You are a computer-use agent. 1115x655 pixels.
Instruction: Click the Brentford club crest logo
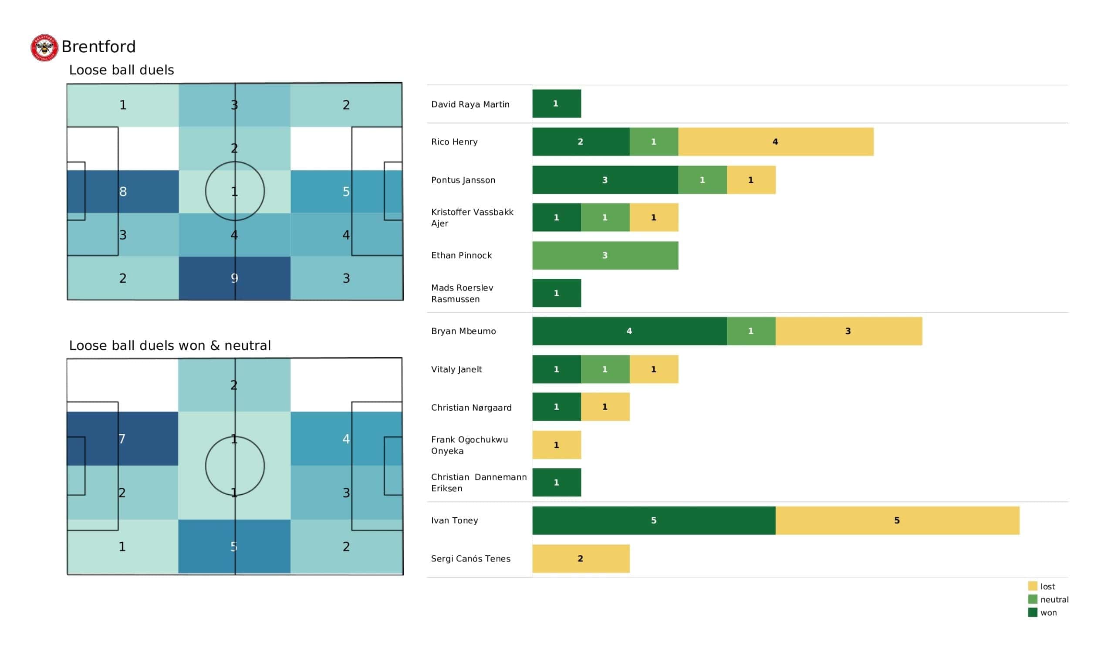44,47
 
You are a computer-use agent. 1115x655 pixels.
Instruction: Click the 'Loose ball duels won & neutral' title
170,345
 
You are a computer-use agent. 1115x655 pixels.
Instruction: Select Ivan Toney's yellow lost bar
897,520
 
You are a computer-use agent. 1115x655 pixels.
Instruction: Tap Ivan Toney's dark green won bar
654,520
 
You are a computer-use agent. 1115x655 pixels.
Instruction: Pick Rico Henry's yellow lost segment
776,142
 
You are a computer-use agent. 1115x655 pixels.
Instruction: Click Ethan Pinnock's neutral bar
605,255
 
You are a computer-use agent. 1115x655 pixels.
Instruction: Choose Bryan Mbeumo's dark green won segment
630,331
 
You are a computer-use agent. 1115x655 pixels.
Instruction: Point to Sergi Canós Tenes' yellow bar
581,558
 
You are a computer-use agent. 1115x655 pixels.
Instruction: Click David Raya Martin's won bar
557,104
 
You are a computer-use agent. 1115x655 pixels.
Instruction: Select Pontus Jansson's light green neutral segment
703,180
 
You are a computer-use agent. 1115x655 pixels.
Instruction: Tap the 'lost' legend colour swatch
1033,586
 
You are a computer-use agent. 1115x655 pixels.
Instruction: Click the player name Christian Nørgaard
471,408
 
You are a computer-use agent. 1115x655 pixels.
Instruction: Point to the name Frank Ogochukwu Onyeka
470,445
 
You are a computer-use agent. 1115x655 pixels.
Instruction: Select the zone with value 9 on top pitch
234,278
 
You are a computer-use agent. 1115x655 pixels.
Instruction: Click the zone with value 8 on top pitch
123,192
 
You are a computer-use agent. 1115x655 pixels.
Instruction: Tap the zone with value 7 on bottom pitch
122,439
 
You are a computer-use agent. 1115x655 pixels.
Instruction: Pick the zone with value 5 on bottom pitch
234,547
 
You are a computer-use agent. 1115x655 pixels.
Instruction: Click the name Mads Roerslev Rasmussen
462,294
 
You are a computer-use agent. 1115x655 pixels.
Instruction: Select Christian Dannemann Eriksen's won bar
557,483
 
